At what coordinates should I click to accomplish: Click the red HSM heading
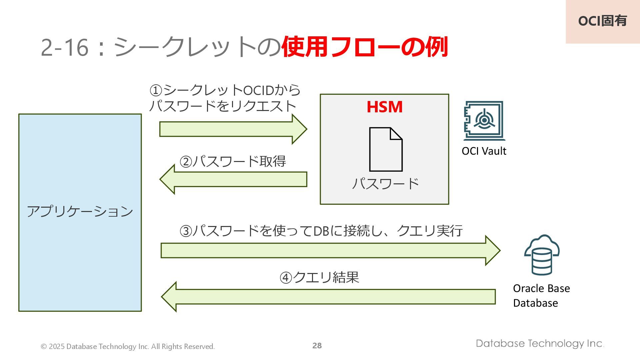(x=384, y=107)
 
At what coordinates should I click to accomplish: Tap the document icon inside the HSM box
(x=386, y=149)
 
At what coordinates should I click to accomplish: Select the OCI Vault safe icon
(x=484, y=120)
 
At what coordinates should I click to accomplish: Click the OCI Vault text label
(x=484, y=151)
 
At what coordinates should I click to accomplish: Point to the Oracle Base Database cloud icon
(x=542, y=255)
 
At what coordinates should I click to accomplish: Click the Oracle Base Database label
(x=541, y=296)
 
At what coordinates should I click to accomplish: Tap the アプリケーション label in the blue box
(x=80, y=211)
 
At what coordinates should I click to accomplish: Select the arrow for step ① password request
(x=233, y=129)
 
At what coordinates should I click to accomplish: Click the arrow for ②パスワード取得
(x=233, y=179)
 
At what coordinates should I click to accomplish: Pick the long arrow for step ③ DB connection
(x=330, y=250)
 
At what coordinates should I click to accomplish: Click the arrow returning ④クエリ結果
(x=328, y=297)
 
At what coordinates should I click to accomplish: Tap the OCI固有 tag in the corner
(x=602, y=21)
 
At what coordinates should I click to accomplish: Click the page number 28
(x=317, y=346)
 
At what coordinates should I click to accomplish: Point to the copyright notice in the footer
(x=128, y=347)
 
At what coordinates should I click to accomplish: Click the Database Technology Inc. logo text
(x=540, y=343)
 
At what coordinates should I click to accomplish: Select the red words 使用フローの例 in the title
(x=365, y=47)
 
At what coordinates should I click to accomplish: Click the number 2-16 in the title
(x=65, y=47)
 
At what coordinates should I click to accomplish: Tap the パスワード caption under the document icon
(x=385, y=184)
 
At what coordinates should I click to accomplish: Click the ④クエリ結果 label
(x=319, y=277)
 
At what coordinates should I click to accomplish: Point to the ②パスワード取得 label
(x=233, y=162)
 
